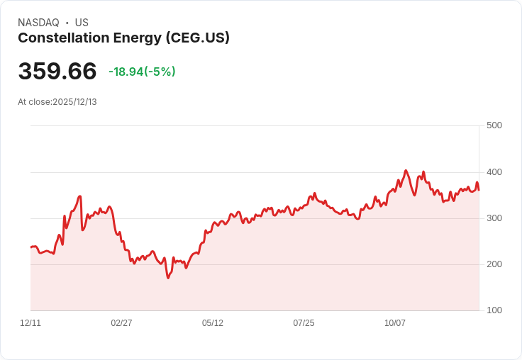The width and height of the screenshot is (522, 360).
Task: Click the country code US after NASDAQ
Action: [82, 23]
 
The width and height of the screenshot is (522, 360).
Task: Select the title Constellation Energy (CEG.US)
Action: [123, 38]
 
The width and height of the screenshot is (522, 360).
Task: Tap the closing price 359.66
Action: [57, 72]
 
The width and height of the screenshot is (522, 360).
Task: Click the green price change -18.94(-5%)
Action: [142, 72]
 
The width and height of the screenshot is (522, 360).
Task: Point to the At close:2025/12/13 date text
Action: [57, 102]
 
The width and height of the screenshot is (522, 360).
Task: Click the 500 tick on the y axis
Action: [494, 125]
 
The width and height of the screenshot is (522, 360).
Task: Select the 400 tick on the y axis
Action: [494, 172]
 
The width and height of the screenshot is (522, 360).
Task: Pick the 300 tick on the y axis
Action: [494, 218]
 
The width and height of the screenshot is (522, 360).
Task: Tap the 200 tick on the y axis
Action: [494, 264]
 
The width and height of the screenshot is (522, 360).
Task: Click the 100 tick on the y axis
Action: [494, 310]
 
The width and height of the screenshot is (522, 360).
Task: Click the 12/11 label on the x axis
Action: [30, 323]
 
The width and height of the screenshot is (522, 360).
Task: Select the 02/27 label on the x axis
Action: [121, 323]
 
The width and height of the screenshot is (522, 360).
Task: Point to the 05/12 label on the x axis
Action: [213, 323]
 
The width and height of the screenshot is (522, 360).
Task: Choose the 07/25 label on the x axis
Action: [304, 323]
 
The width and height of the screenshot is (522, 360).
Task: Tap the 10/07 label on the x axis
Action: [395, 323]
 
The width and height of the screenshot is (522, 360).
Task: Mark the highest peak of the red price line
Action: [406, 170]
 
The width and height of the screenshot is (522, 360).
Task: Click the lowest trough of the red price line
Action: [168, 278]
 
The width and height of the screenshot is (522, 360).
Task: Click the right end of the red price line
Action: [479, 190]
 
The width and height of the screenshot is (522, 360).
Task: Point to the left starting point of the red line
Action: [31, 247]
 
